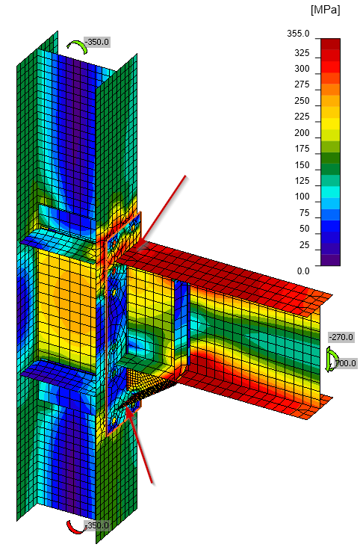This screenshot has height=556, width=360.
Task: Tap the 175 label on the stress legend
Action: point(301,148)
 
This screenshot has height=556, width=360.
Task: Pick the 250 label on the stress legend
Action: point(301,101)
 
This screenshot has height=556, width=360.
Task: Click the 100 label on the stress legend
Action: point(301,197)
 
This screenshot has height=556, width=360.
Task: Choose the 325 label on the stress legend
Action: point(301,53)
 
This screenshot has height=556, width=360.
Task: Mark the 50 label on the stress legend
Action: point(303,229)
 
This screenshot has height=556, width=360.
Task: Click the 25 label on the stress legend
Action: point(303,245)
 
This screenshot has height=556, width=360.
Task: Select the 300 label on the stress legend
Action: point(301,69)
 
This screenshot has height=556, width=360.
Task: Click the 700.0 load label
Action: point(345,364)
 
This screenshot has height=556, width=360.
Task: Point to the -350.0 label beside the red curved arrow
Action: point(97,525)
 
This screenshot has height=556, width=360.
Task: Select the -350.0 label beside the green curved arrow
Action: point(97,42)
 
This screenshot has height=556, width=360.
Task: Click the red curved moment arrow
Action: point(75,527)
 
